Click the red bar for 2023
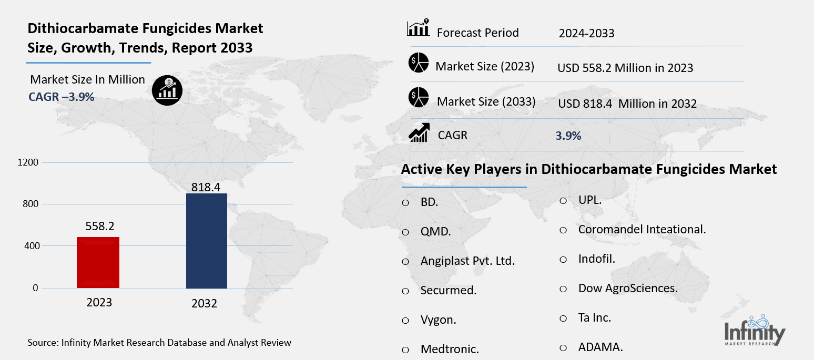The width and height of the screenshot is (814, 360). pos(98,262)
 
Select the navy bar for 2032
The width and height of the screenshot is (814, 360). pos(207,241)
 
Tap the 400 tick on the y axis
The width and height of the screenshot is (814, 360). pos(31,246)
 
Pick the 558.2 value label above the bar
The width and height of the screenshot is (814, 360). pos(99,227)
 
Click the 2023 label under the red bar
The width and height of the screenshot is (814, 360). pos(99,303)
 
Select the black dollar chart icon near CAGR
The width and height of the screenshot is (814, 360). pos(167,90)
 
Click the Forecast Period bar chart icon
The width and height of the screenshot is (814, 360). pos(419,29)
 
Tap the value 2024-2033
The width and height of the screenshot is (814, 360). pos(586,34)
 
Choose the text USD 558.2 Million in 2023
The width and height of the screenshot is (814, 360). pos(625,68)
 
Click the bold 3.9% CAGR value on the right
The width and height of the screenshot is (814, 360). pos(568,136)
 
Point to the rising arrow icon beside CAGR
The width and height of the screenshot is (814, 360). pos(419,132)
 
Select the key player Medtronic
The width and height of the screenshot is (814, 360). pos(449,349)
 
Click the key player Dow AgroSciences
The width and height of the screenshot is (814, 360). pos(628,288)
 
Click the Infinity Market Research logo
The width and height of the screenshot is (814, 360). pos(755,332)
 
